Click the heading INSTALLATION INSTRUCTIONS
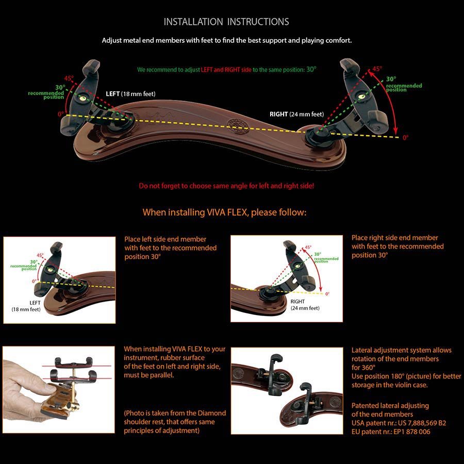click(226, 22)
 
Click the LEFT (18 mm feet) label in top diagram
click(130, 94)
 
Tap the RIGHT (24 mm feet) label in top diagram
click(296, 114)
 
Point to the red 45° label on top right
click(377, 69)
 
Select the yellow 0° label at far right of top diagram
click(405, 138)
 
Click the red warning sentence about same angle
click(226, 186)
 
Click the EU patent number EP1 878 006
click(408, 432)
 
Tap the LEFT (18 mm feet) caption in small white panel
click(26, 305)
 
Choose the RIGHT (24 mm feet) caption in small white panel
click(305, 305)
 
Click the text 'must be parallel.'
click(148, 375)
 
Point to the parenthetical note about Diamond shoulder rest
click(175, 422)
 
